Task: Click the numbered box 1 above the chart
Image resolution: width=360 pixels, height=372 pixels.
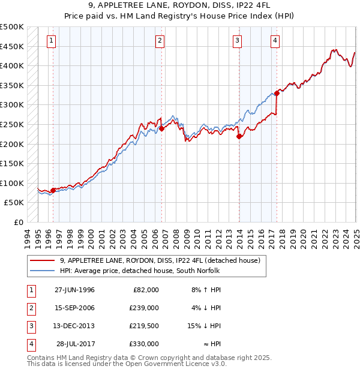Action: (51, 41)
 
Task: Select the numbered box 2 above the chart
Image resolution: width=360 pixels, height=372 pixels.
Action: (160, 41)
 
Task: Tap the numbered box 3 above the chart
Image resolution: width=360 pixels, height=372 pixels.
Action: (238, 41)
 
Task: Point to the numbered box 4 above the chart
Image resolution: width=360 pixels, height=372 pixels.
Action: (274, 41)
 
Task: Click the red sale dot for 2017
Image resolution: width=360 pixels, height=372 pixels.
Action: (277, 93)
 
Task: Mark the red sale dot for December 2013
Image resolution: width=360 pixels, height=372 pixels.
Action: (239, 136)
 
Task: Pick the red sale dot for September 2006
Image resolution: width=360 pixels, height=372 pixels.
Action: (162, 128)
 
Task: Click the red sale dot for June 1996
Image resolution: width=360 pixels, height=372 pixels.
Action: (53, 190)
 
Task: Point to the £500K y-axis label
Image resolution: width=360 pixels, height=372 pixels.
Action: (12, 27)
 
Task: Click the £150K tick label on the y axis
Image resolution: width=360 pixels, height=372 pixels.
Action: (12, 163)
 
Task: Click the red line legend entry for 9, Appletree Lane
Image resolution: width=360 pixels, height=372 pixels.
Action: (159, 260)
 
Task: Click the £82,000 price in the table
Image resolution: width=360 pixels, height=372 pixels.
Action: (145, 290)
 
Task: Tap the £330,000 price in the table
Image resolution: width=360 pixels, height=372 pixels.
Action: (144, 344)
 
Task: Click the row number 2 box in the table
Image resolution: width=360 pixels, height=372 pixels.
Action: (29, 308)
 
